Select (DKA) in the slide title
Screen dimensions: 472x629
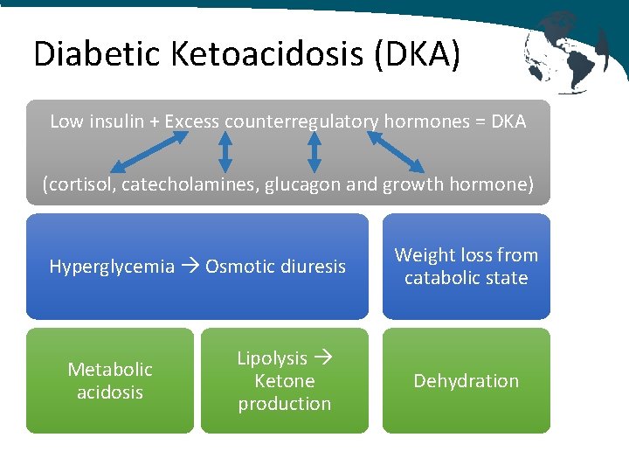point(417,54)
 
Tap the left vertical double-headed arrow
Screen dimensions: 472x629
point(225,151)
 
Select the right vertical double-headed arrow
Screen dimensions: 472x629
point(314,151)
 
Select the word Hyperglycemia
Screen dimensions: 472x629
point(112,267)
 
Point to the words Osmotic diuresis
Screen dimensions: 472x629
point(275,267)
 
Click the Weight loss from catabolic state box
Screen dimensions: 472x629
point(466,267)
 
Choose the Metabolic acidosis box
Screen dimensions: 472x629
point(110,381)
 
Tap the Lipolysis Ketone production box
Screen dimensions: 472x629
point(285,381)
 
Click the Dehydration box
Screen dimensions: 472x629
point(466,381)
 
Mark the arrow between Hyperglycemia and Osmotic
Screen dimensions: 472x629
point(190,267)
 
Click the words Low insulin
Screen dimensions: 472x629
point(86,121)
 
